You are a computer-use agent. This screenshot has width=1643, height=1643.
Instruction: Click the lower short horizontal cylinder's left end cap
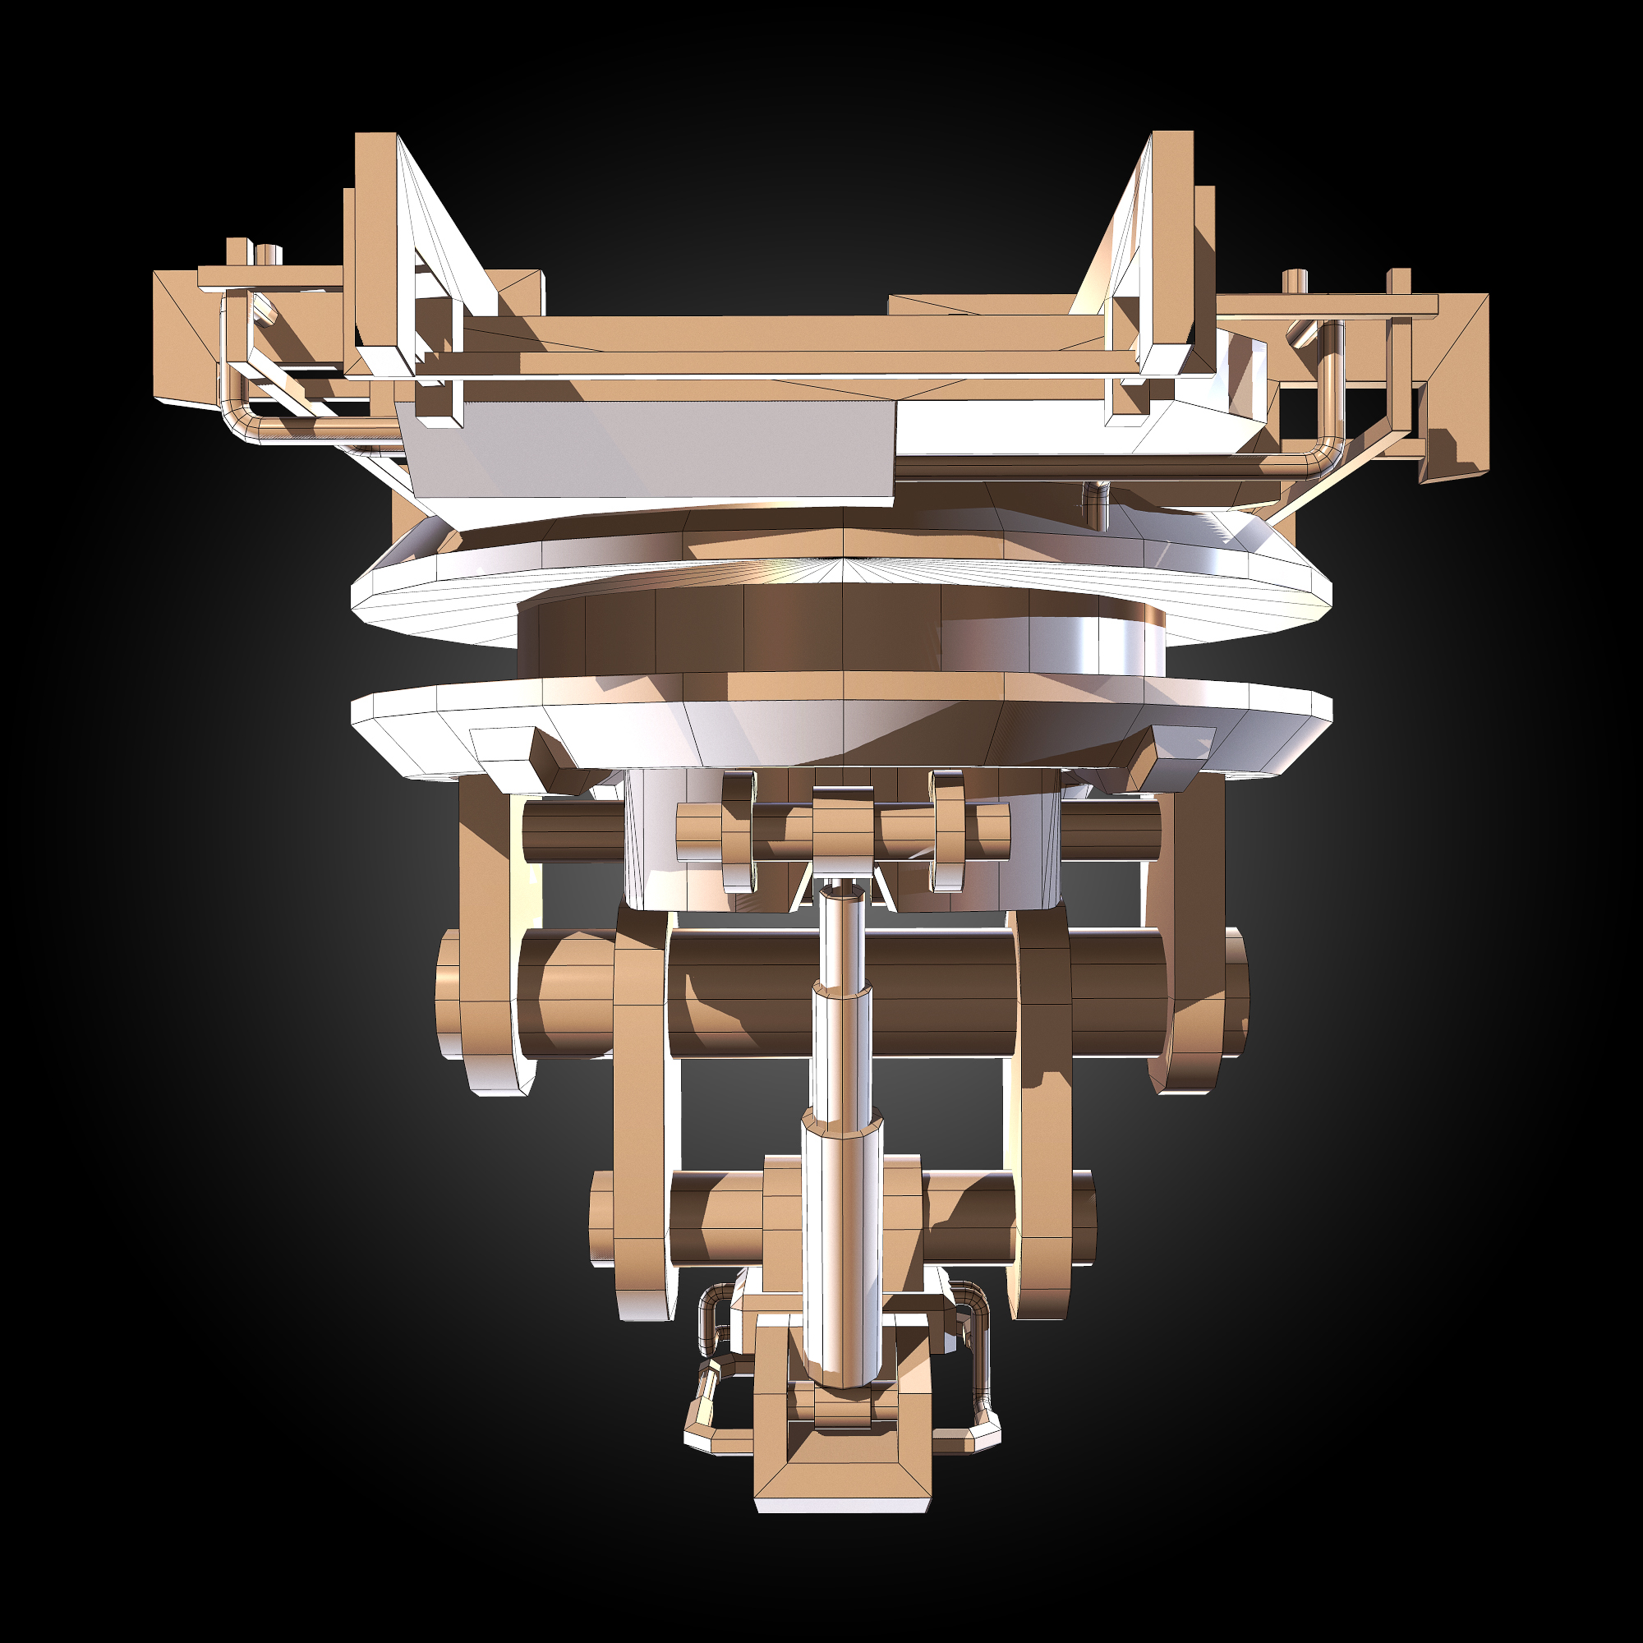pyautogui.click(x=601, y=1217)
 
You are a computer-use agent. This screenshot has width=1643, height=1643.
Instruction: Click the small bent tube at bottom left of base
pyautogui.click(x=706, y=1395)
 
